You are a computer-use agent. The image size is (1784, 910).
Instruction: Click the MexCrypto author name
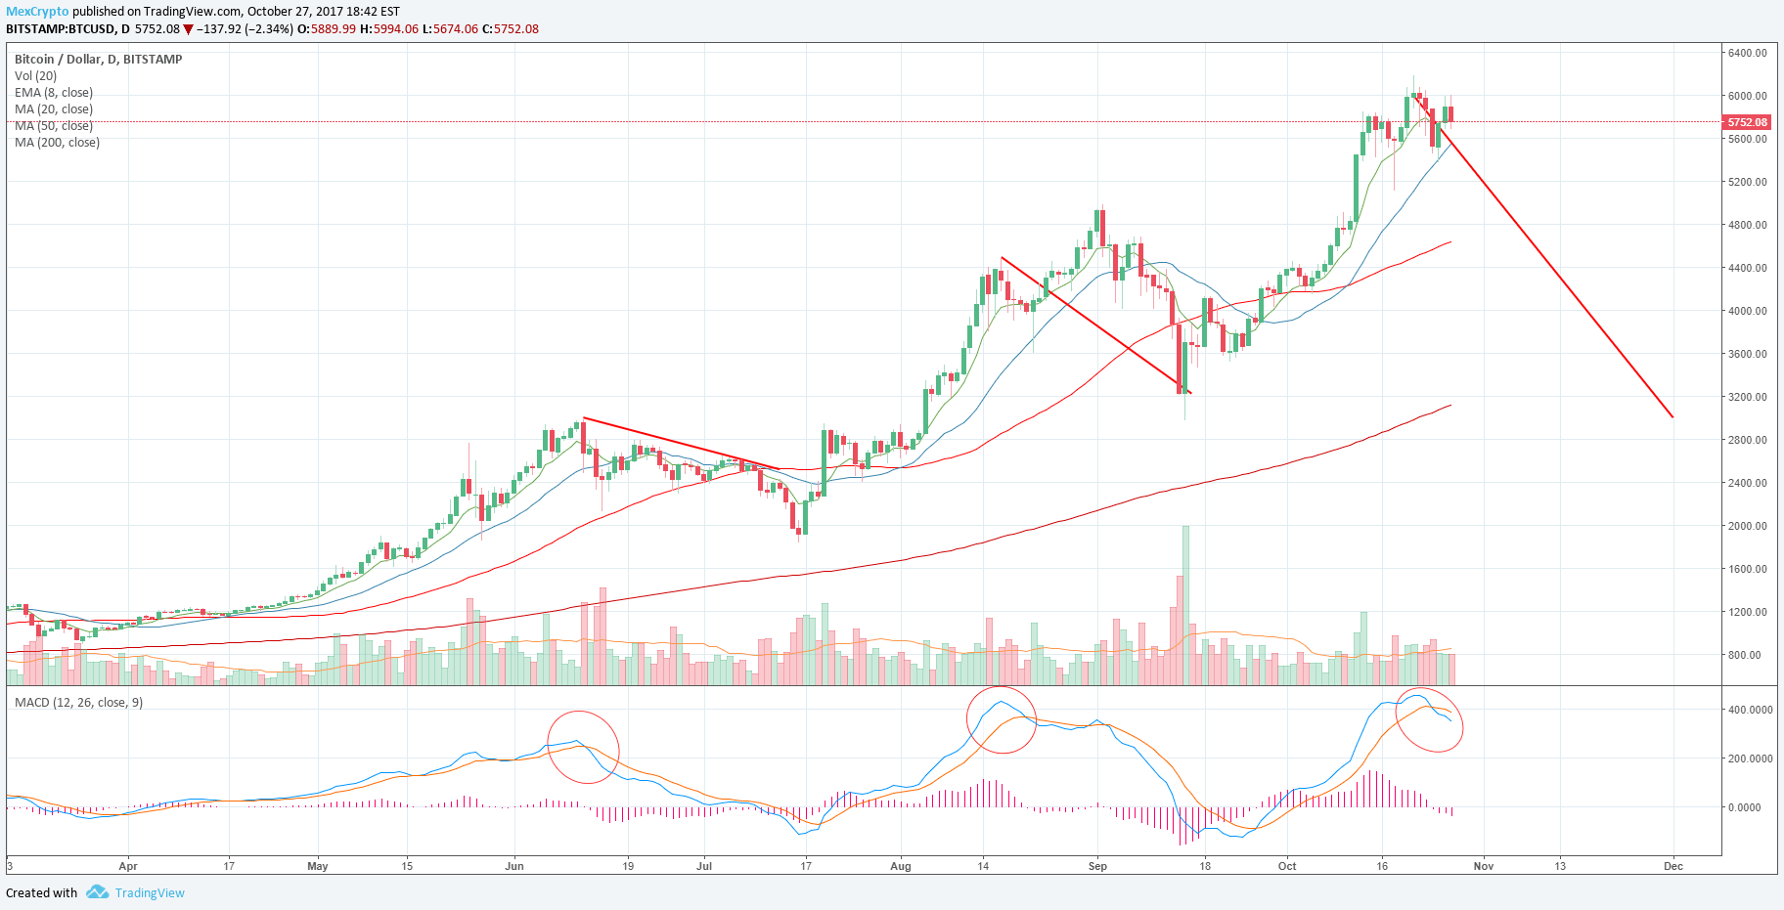pyautogui.click(x=37, y=12)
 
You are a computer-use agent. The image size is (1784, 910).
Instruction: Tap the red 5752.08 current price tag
pyautogui.click(x=1747, y=122)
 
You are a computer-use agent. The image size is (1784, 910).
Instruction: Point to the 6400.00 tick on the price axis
pyautogui.click(x=1747, y=53)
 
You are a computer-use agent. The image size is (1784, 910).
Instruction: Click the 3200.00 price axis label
pyautogui.click(x=1747, y=397)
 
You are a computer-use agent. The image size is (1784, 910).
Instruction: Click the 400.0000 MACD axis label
pyautogui.click(x=1750, y=710)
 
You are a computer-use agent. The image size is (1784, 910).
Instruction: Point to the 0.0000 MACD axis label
pyautogui.click(x=1744, y=807)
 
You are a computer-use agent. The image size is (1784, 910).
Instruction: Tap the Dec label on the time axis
pyautogui.click(x=1673, y=866)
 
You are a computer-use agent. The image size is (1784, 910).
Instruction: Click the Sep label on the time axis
pyautogui.click(x=1097, y=866)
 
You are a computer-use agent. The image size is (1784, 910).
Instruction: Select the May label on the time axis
pyautogui.click(x=318, y=866)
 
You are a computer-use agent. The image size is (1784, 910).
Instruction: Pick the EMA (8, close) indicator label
pyautogui.click(x=54, y=93)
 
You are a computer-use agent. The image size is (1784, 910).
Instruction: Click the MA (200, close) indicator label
pyautogui.click(x=57, y=143)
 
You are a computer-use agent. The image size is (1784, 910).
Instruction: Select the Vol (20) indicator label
pyautogui.click(x=36, y=76)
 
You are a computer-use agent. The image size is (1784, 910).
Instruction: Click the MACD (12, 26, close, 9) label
pyautogui.click(x=78, y=703)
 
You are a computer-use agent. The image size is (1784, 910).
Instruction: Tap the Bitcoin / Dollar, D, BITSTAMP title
pyautogui.click(x=99, y=60)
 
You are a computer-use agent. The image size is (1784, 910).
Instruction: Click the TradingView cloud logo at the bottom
pyautogui.click(x=97, y=892)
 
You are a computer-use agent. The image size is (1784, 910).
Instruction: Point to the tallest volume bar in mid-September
pyautogui.click(x=1185, y=605)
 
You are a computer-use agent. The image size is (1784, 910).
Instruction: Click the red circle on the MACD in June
pyautogui.click(x=583, y=712)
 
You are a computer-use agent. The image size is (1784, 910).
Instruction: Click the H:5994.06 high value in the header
pyautogui.click(x=389, y=29)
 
